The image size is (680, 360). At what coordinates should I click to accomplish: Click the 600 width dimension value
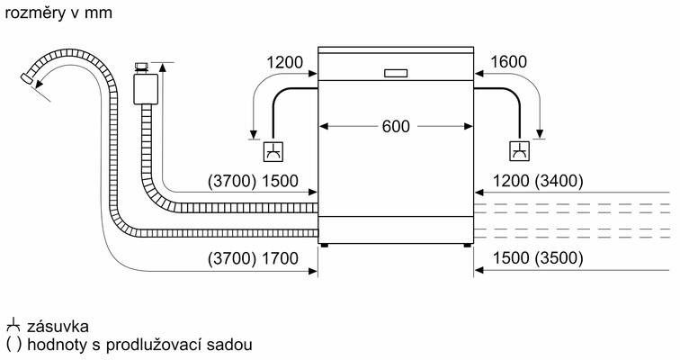coord(396,126)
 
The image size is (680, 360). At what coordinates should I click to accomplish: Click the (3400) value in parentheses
coord(558,181)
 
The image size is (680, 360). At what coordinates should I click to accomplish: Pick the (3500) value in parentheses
coord(558,259)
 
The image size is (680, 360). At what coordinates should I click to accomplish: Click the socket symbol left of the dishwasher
coord(273,151)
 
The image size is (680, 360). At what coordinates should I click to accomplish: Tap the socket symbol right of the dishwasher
coord(520,151)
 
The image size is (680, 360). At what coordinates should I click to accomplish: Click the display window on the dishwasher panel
coord(396,73)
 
